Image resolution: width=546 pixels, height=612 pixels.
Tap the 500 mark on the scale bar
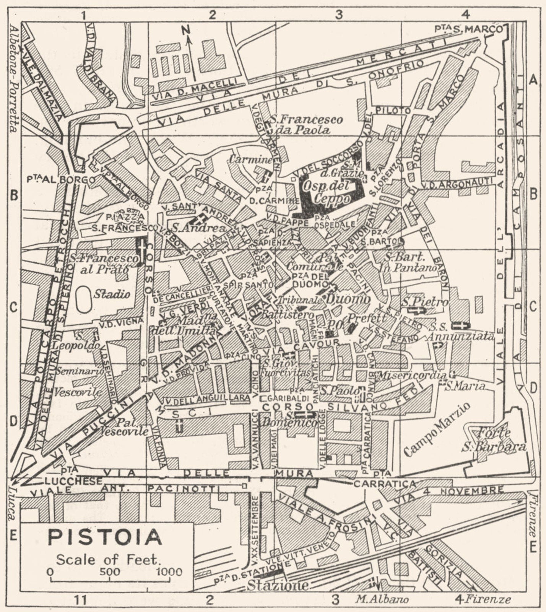tap(110, 572)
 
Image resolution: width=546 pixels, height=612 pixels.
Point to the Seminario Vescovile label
tap(78, 381)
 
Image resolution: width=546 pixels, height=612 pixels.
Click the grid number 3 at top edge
tap(338, 15)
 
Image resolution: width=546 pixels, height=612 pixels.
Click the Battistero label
tap(288, 315)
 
